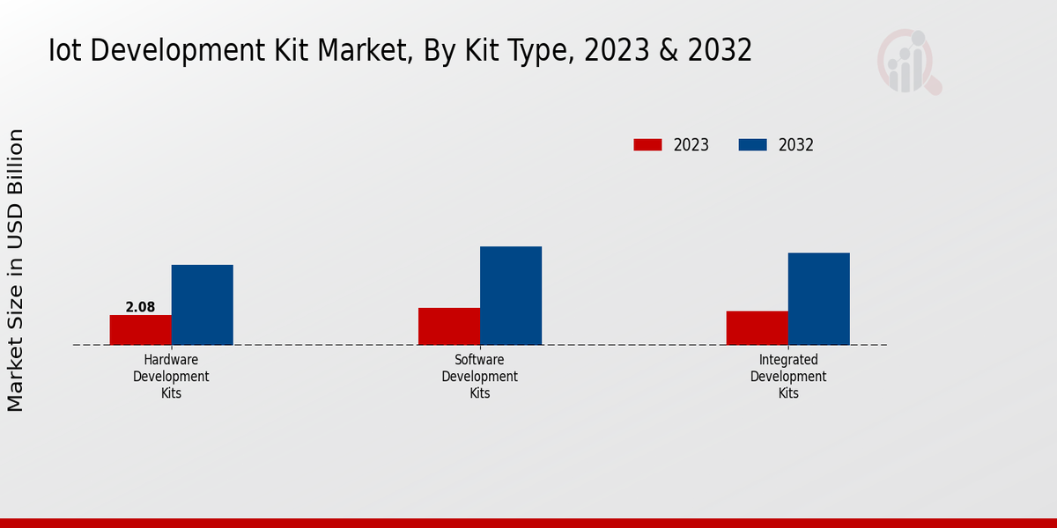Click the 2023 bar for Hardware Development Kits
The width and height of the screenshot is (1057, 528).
pos(141,330)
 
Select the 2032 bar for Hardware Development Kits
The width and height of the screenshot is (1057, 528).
pos(203,304)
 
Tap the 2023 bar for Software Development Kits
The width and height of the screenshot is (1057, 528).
pos(449,326)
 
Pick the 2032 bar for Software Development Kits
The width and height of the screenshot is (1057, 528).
pos(511,296)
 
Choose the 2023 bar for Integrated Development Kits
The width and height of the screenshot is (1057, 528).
pos(758,328)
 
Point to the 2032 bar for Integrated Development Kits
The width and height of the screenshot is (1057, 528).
pos(819,299)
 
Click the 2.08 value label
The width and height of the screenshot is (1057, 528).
pos(140,307)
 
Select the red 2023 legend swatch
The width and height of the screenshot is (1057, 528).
pos(647,145)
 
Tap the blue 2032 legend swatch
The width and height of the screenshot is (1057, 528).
pos(752,145)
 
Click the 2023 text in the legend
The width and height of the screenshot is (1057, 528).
pos(691,145)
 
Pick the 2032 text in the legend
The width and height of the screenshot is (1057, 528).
pos(796,145)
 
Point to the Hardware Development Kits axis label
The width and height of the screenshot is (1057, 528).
pos(171,377)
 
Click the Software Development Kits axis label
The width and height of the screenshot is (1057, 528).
pos(480,377)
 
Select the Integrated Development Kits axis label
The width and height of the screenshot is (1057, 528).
pos(788,377)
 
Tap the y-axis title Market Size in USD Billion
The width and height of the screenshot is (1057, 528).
pos(16,270)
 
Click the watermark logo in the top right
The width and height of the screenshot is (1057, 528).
pos(909,62)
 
